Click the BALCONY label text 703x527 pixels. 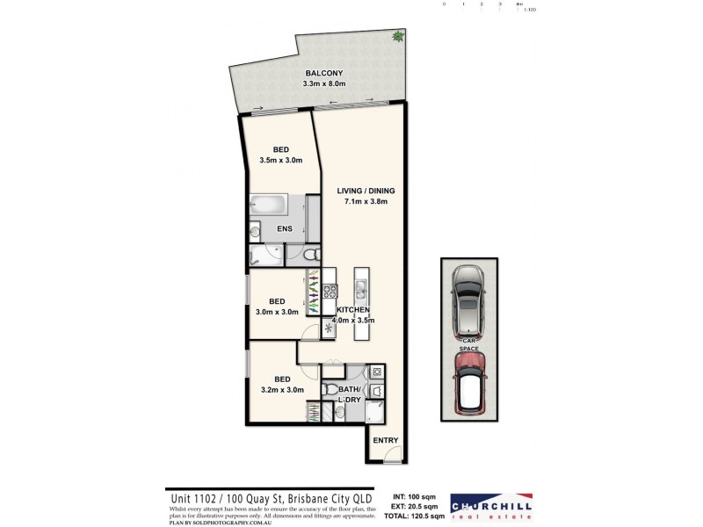pos(323,73)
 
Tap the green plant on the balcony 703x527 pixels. pos(398,37)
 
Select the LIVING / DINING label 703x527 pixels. pos(366,191)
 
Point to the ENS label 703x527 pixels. pos(284,230)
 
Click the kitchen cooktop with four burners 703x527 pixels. pos(330,290)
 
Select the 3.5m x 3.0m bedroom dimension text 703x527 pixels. pos(280,161)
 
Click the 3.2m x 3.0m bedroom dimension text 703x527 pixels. pos(283,390)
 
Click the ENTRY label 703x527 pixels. pos(386,440)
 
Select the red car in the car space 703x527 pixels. pos(467,383)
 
